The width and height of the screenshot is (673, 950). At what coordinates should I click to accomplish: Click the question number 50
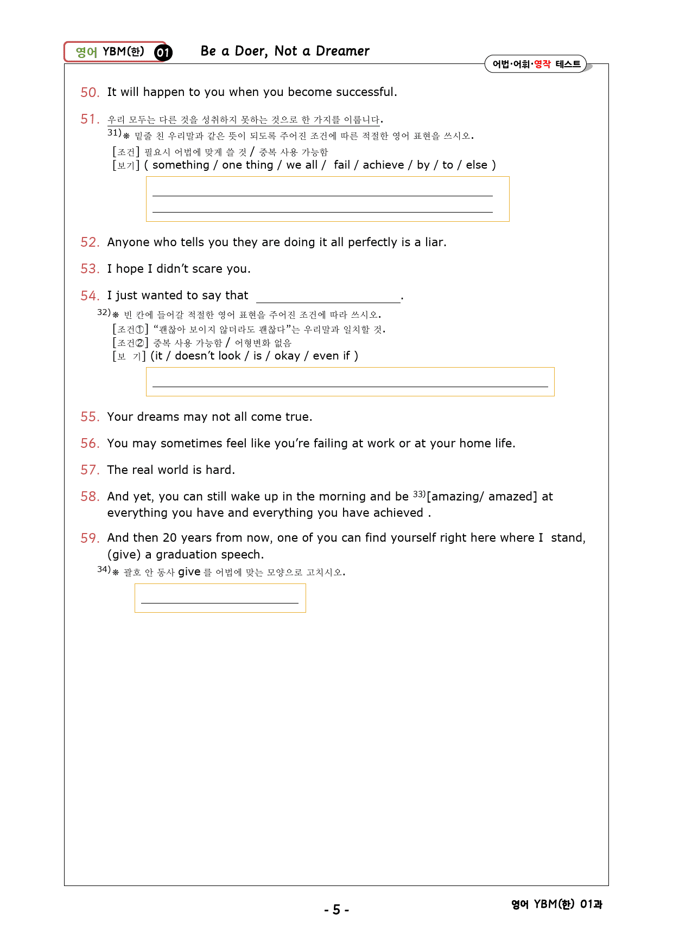[x=90, y=93]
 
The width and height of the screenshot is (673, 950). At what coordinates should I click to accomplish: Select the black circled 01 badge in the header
[x=163, y=53]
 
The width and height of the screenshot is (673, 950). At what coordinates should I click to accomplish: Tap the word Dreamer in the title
[x=342, y=51]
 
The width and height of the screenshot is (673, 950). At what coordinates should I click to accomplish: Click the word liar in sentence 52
[x=434, y=242]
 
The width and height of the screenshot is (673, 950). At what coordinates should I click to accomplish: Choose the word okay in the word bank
[x=287, y=356]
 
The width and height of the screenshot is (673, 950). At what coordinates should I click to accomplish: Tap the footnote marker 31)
[x=114, y=132]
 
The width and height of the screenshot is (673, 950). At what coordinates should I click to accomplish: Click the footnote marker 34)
[x=104, y=569]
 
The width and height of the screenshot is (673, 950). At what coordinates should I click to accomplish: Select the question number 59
[x=90, y=538]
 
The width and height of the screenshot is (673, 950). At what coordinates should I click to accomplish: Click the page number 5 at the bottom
[x=336, y=909]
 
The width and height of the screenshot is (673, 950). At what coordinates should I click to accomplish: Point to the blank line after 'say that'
[x=328, y=297]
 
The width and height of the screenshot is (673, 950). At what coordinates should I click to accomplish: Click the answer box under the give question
[x=220, y=598]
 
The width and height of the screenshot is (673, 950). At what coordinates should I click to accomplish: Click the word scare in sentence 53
[x=205, y=269]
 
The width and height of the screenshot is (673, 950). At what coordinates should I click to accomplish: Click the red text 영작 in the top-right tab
[x=542, y=64]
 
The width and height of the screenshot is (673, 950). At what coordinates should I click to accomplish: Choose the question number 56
[x=90, y=444]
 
